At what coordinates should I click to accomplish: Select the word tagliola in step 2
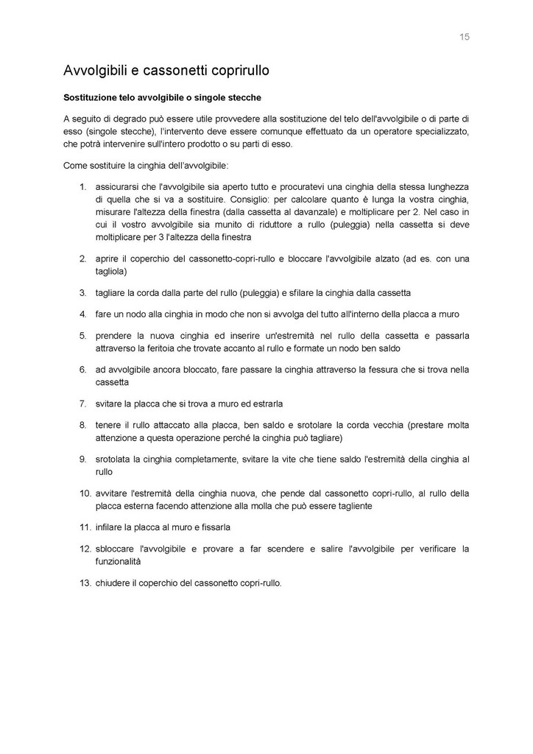tap(110, 271)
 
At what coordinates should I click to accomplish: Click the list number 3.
tap(83, 292)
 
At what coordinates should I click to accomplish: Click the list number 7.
tap(83, 404)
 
